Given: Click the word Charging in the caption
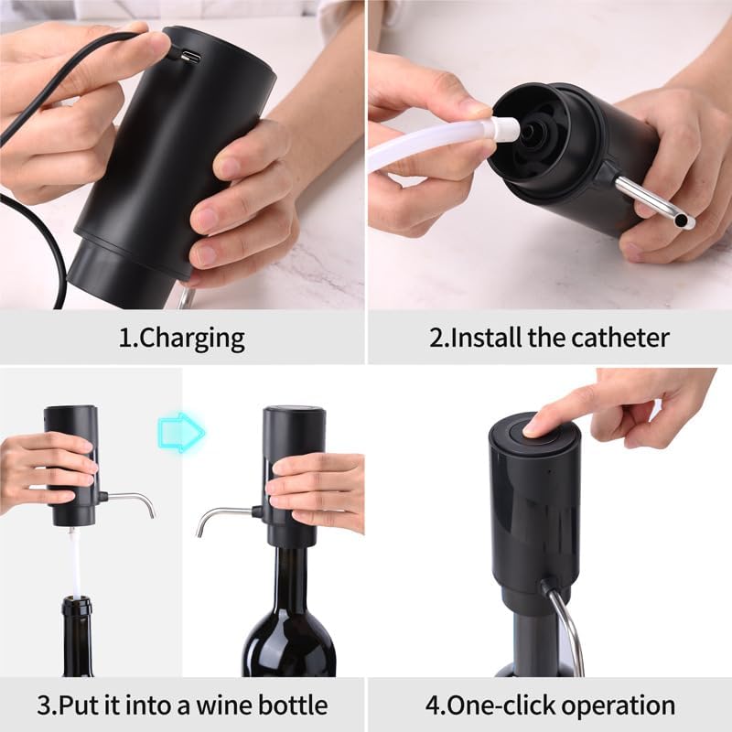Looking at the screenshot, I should [x=194, y=339].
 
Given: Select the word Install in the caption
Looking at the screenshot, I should [x=489, y=339].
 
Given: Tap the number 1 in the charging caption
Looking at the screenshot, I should [x=124, y=339].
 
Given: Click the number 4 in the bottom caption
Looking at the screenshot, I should [x=433, y=705].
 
